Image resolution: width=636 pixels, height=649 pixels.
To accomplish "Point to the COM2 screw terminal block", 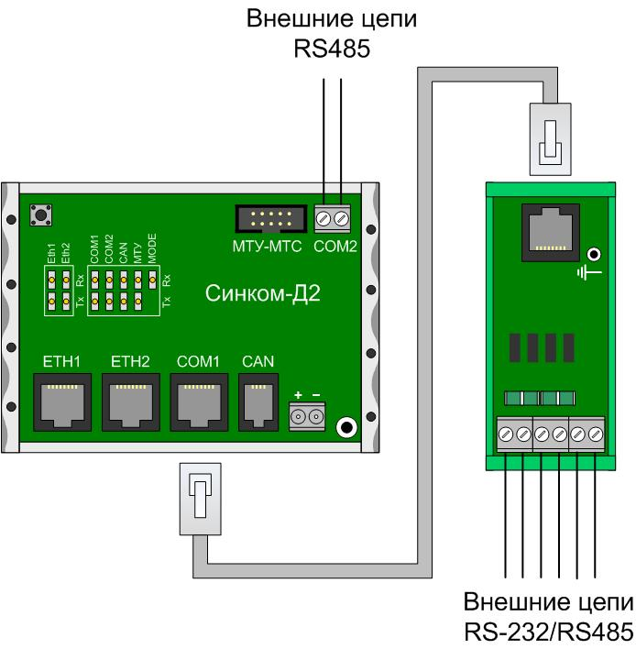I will click(x=334, y=219).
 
